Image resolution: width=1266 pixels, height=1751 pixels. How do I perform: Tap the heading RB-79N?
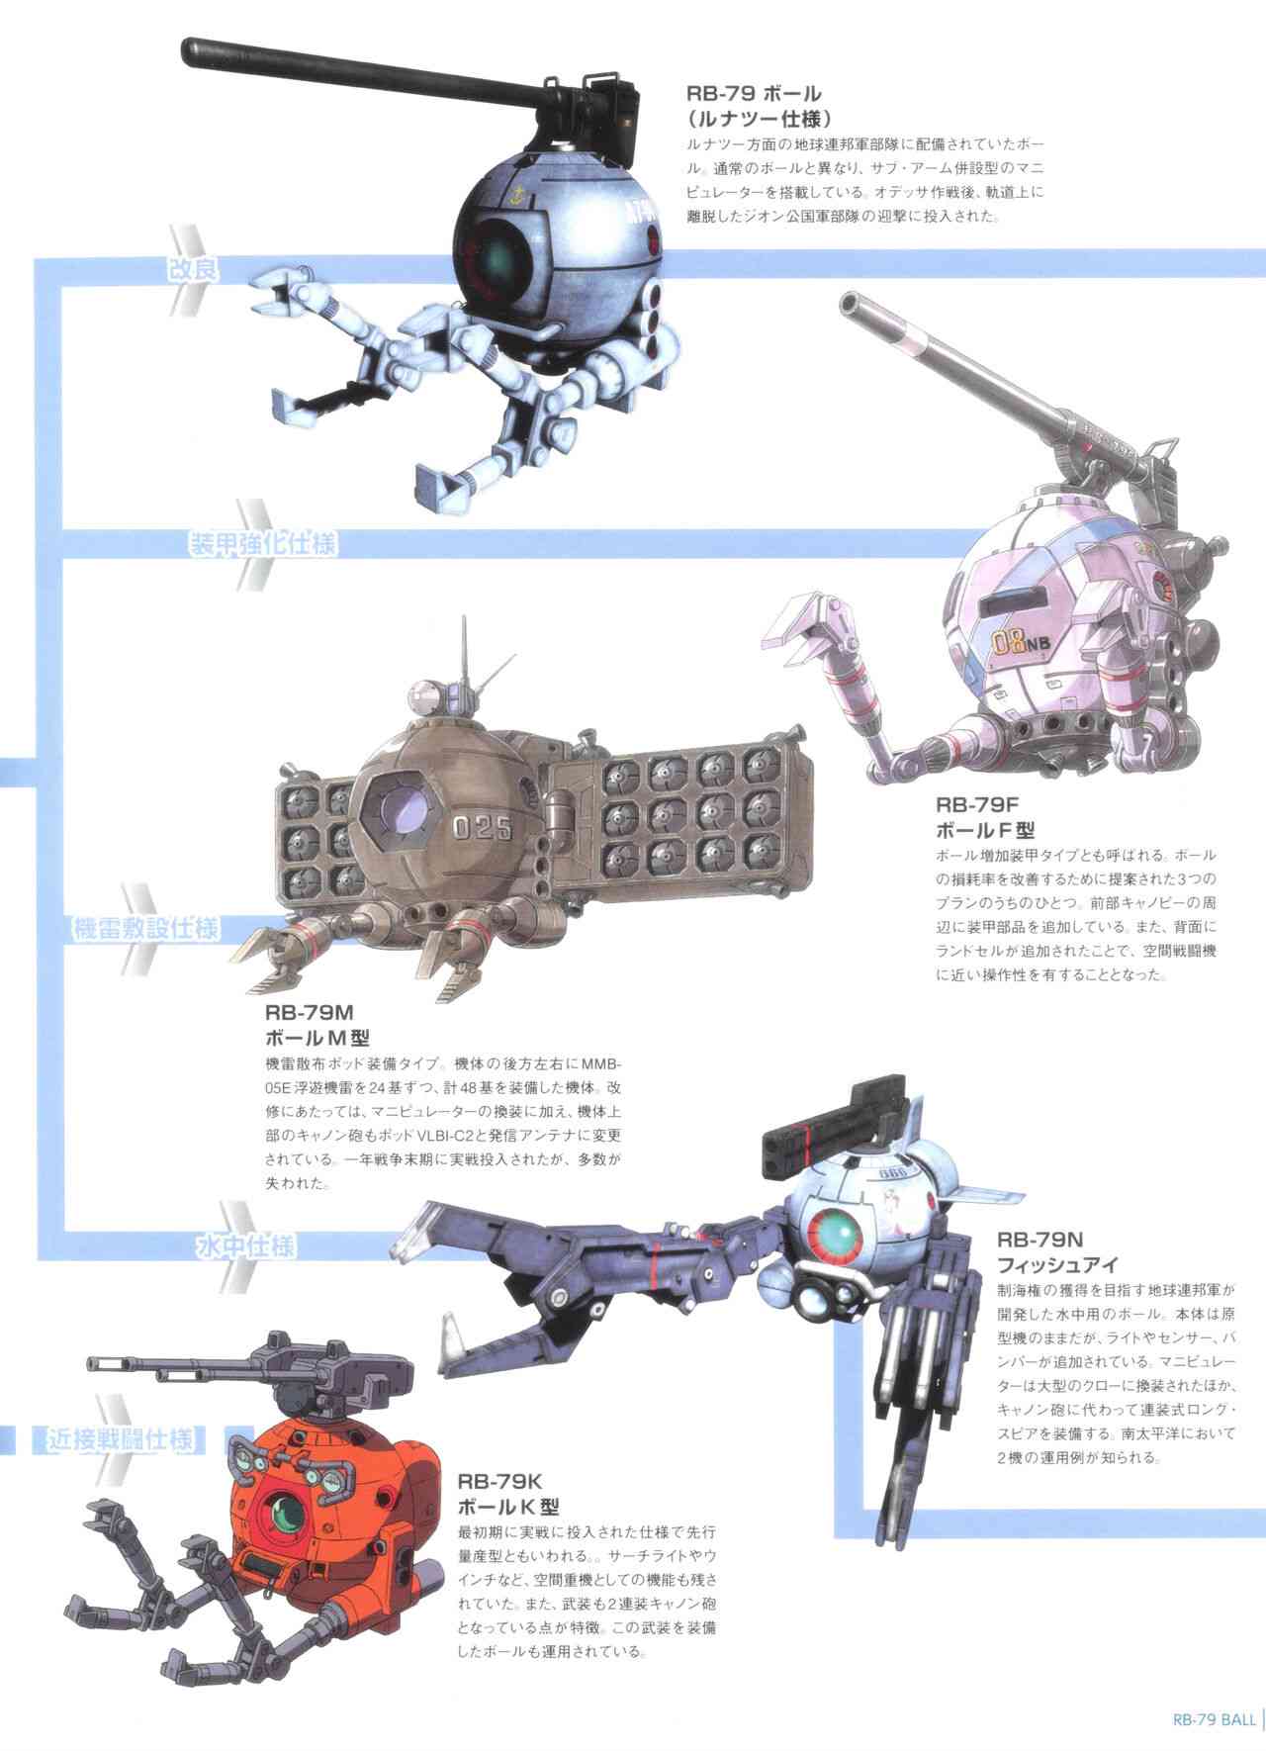click(1040, 1239)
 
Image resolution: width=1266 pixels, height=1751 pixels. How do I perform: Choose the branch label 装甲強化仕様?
click(263, 544)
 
